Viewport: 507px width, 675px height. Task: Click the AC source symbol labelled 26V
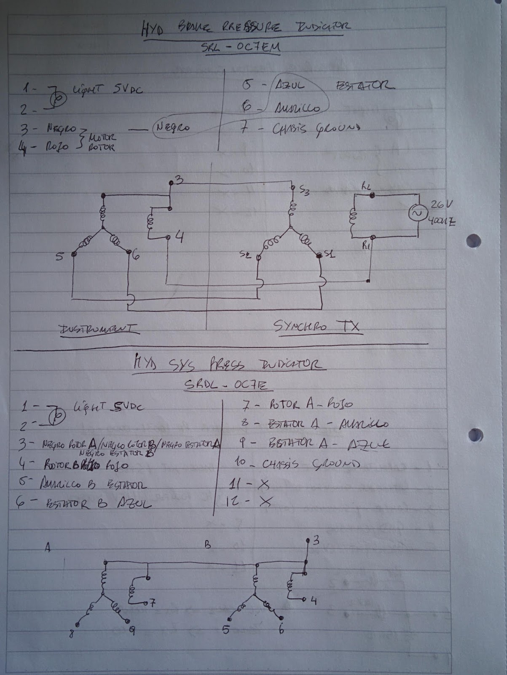point(418,214)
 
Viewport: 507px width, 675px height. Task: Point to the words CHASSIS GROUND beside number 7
point(316,127)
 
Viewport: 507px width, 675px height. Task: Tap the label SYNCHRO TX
point(318,327)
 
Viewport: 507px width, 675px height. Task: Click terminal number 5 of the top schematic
point(59,256)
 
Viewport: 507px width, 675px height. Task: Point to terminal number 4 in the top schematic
point(180,238)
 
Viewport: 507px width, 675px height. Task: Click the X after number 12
point(264,501)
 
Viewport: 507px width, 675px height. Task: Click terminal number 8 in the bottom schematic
point(71,634)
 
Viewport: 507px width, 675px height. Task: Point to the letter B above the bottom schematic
point(207,545)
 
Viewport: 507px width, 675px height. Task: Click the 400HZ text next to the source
point(441,221)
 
